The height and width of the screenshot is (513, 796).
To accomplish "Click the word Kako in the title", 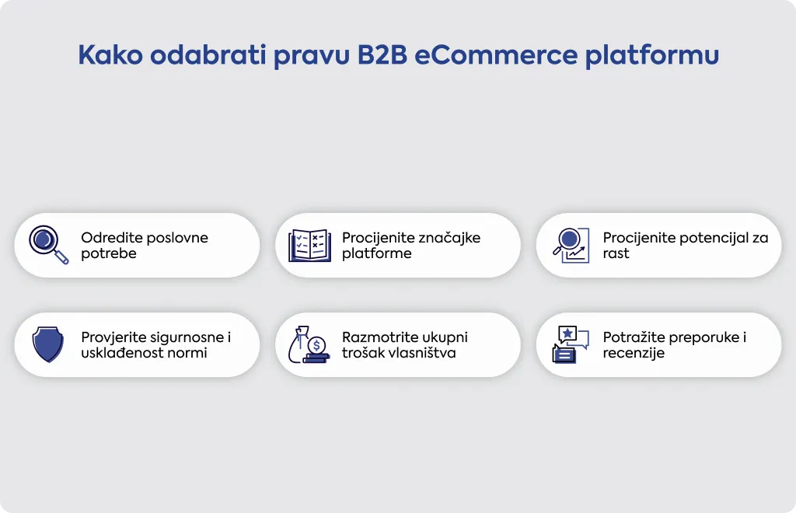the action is [110, 55].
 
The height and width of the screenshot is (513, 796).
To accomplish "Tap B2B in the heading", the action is [382, 55].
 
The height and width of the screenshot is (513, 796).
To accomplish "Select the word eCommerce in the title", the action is [496, 55].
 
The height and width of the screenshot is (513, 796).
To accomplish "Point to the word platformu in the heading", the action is [652, 56].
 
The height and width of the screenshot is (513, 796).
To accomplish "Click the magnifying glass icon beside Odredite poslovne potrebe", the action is [48, 245].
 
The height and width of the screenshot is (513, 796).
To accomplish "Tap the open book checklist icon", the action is [309, 246].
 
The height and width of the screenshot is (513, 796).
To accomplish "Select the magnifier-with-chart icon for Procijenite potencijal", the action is [571, 246].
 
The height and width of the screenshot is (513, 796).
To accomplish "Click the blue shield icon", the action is [47, 344].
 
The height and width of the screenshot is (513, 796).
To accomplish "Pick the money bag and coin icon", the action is [309, 344].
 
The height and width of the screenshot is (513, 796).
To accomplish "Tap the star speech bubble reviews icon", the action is [571, 344].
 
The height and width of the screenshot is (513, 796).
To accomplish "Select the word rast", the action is [616, 253].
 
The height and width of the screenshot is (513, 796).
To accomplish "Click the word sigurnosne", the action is [182, 338].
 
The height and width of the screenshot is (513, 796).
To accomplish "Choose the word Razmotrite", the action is [376, 337].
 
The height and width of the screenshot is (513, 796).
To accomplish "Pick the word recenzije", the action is [634, 354].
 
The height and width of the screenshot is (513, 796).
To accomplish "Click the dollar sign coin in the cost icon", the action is [317, 346].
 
